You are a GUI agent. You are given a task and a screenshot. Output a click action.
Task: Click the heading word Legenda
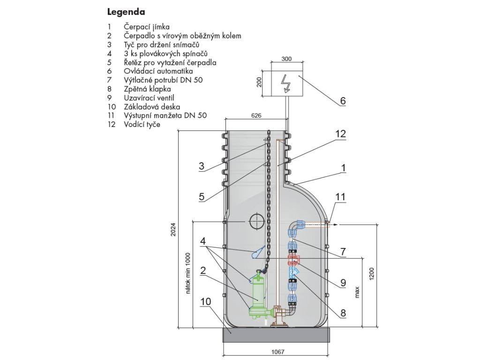tap(126, 11)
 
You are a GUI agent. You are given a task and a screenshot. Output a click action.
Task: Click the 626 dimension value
tap(256, 115)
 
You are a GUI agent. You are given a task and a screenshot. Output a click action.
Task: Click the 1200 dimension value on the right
tap(372, 275)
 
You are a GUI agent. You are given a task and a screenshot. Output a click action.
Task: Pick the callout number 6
tap(343, 100)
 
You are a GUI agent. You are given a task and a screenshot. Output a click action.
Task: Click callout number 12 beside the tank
tap(340, 134)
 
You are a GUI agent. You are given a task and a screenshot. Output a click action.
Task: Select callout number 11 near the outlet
tap(340, 196)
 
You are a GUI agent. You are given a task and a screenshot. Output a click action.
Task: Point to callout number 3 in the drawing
tap(202, 166)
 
